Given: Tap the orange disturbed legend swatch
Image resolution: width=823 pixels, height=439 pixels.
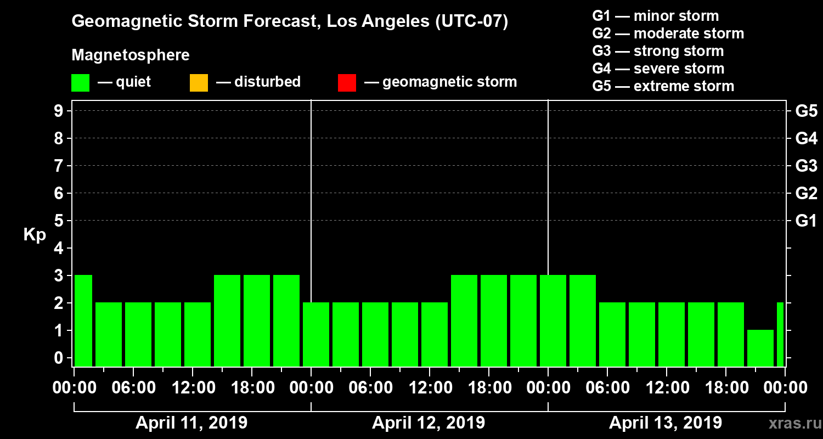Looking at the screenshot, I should (x=199, y=83).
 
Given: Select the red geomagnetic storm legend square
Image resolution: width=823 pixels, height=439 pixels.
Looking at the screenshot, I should (x=347, y=83).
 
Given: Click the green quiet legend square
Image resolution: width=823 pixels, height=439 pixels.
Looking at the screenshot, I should (x=80, y=83).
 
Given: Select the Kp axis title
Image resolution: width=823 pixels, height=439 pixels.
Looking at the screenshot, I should (x=35, y=234).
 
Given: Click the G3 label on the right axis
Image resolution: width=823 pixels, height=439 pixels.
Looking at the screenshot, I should (x=806, y=166).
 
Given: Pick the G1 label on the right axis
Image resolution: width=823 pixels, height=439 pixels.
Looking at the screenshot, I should (x=806, y=221).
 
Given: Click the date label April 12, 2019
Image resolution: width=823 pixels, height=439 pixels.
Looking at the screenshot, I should (x=429, y=423).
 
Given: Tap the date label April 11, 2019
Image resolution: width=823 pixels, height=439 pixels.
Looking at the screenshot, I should (x=191, y=423).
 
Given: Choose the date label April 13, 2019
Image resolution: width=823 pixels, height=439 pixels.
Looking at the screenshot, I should (x=666, y=423).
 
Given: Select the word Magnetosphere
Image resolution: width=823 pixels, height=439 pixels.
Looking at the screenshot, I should (x=131, y=55).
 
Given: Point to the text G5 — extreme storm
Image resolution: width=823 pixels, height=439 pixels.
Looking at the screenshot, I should (x=663, y=86).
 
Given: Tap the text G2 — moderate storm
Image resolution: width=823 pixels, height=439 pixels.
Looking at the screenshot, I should (x=668, y=33).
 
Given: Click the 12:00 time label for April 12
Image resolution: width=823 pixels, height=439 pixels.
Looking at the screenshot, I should (x=429, y=387).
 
